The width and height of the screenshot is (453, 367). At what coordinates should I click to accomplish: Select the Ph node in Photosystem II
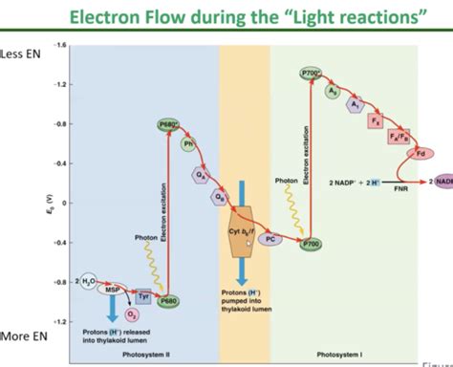[x=188, y=144]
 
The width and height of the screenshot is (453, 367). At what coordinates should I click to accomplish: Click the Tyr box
[x=144, y=297]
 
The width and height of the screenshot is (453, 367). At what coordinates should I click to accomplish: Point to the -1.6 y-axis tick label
[x=63, y=46]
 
